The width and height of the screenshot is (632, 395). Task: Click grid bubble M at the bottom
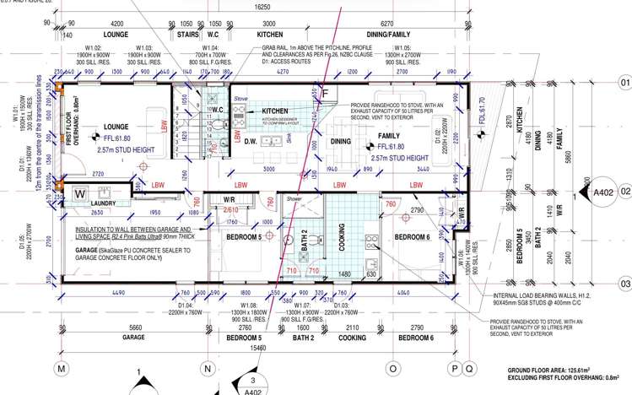tap(61, 369)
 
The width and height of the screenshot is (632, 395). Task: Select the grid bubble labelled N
tap(206, 369)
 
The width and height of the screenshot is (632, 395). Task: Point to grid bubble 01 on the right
tap(625, 83)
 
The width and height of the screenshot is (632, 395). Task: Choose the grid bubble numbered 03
tap(625, 284)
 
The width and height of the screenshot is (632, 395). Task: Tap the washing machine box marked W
tap(82, 193)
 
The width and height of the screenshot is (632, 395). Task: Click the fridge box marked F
tap(323, 91)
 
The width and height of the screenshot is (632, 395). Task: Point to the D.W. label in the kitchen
tap(251, 142)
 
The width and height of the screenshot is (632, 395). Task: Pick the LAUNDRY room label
tap(89, 203)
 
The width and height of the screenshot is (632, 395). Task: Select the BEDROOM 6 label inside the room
tap(413, 236)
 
